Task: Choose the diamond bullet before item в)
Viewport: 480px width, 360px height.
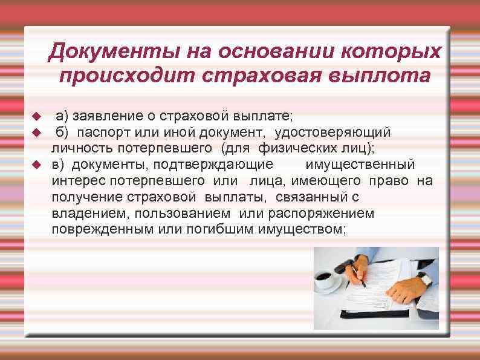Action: coord(36,165)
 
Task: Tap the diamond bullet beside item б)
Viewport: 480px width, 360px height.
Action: coord(36,131)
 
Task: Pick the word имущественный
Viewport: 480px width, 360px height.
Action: coord(360,164)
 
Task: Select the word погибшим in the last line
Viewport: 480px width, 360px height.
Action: coord(225,229)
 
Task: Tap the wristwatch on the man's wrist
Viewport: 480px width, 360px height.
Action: coord(424,280)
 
